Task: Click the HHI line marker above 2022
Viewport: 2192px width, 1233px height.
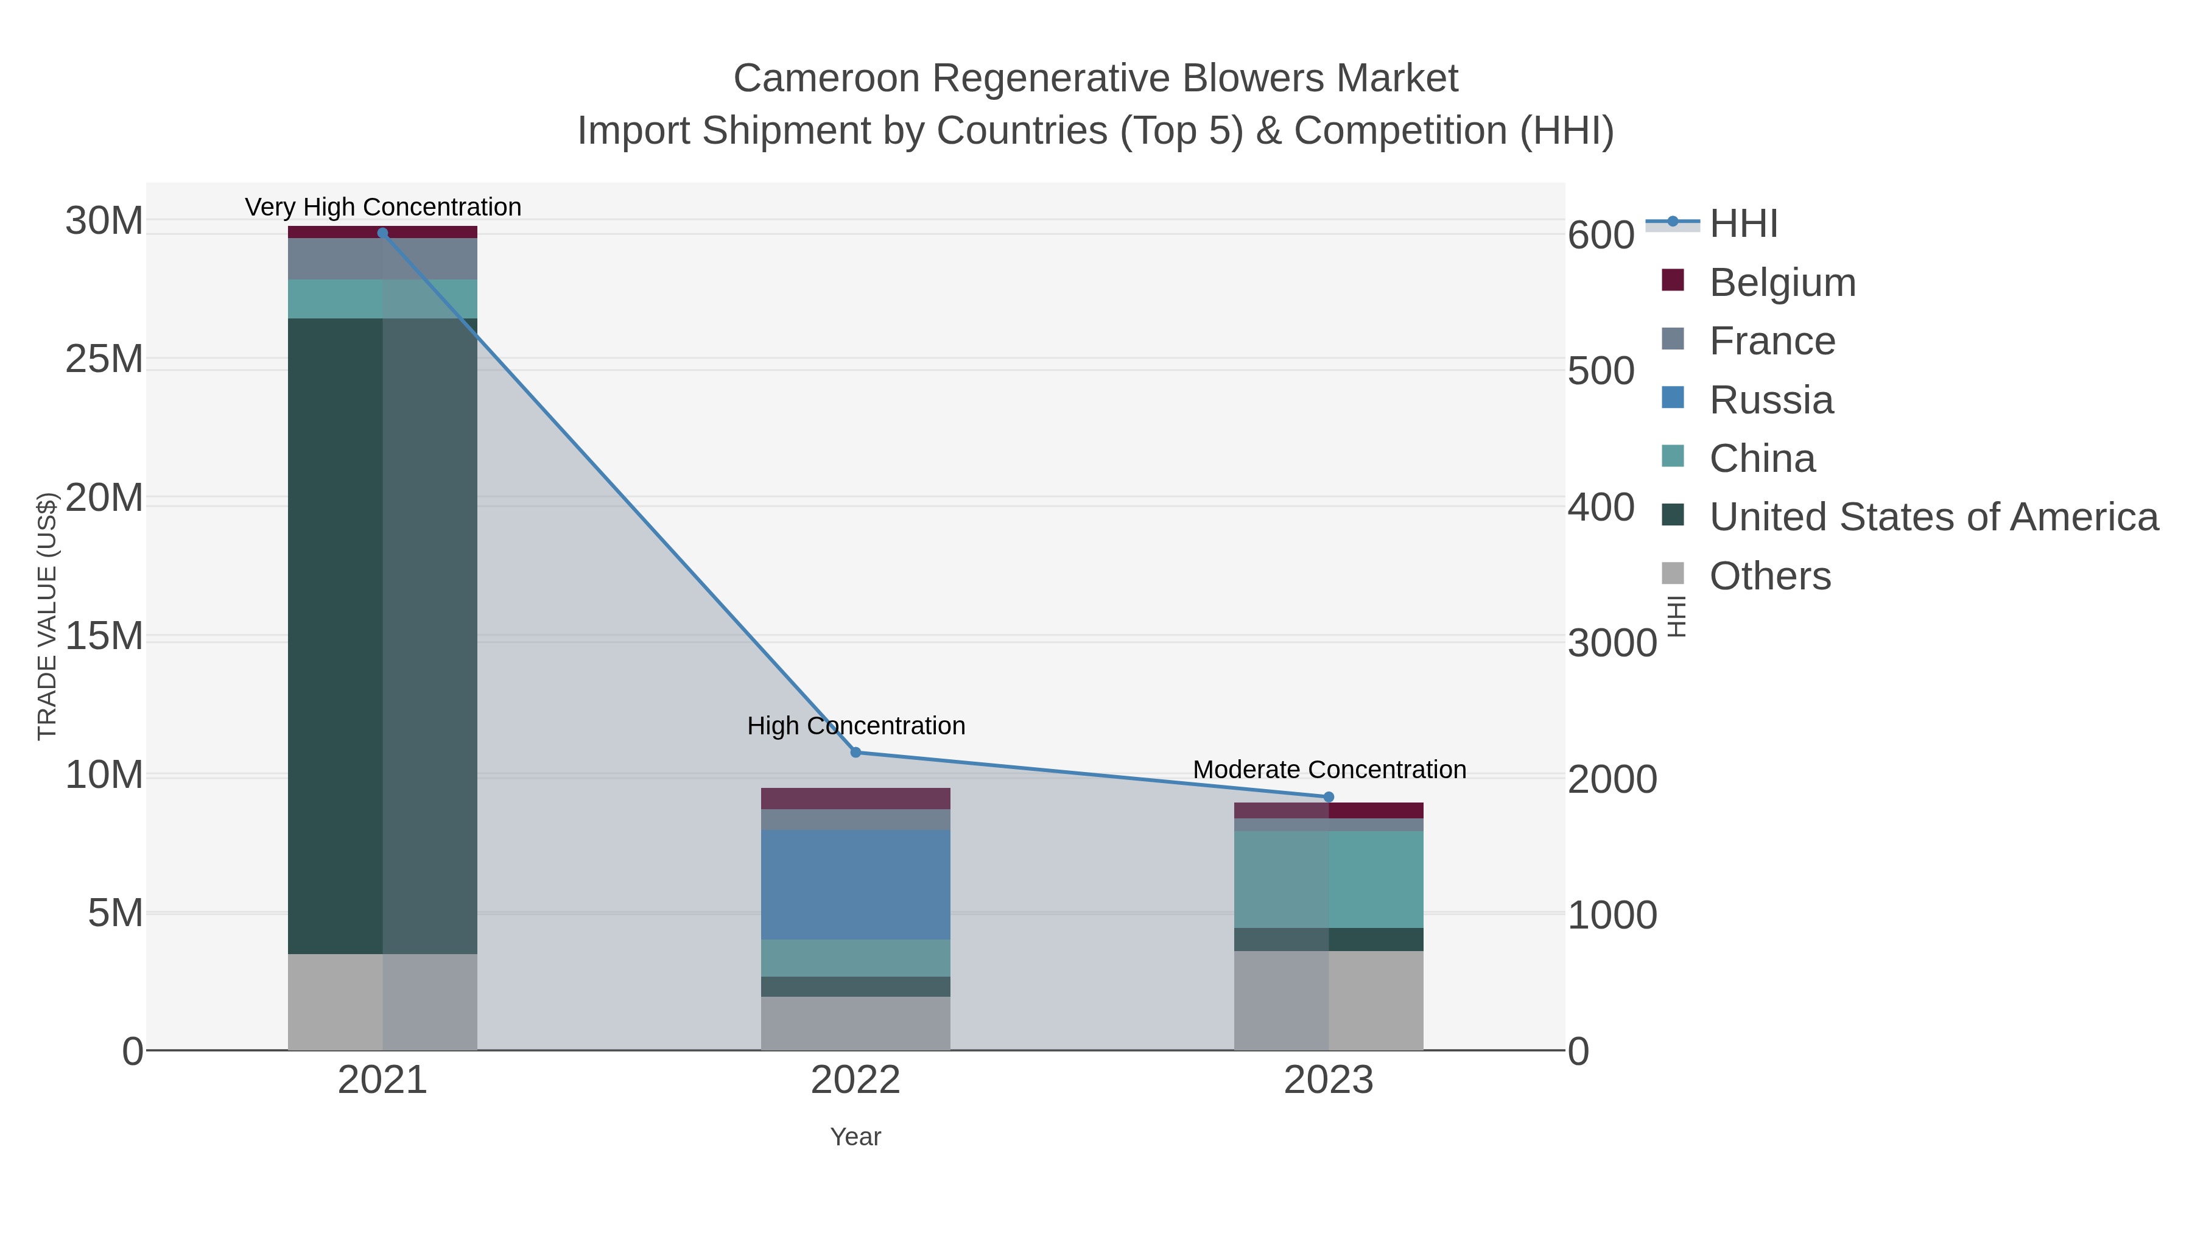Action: click(856, 752)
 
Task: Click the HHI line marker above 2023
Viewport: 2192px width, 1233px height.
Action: click(1329, 796)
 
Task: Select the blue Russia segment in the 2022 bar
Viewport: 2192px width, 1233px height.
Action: click(855, 884)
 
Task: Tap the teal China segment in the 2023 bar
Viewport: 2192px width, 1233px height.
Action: click(1329, 879)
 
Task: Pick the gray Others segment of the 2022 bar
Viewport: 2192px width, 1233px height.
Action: click(855, 1023)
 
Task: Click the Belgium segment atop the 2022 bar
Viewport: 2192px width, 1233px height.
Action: click(855, 798)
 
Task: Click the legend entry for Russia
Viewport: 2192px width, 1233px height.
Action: click(1771, 400)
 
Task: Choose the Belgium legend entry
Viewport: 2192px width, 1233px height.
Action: click(1782, 283)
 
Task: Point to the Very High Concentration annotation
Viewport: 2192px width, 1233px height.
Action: click(383, 207)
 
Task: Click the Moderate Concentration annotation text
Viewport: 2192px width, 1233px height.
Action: click(1329, 769)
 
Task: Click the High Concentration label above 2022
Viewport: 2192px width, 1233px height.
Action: click(856, 726)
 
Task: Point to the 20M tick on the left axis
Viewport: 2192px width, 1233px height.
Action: click(104, 498)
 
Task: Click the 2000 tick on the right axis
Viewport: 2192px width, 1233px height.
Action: click(1612, 779)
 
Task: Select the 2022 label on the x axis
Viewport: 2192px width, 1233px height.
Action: click(855, 1081)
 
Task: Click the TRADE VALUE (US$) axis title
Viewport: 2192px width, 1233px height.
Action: click(47, 616)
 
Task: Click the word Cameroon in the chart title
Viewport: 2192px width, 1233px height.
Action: click(826, 79)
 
